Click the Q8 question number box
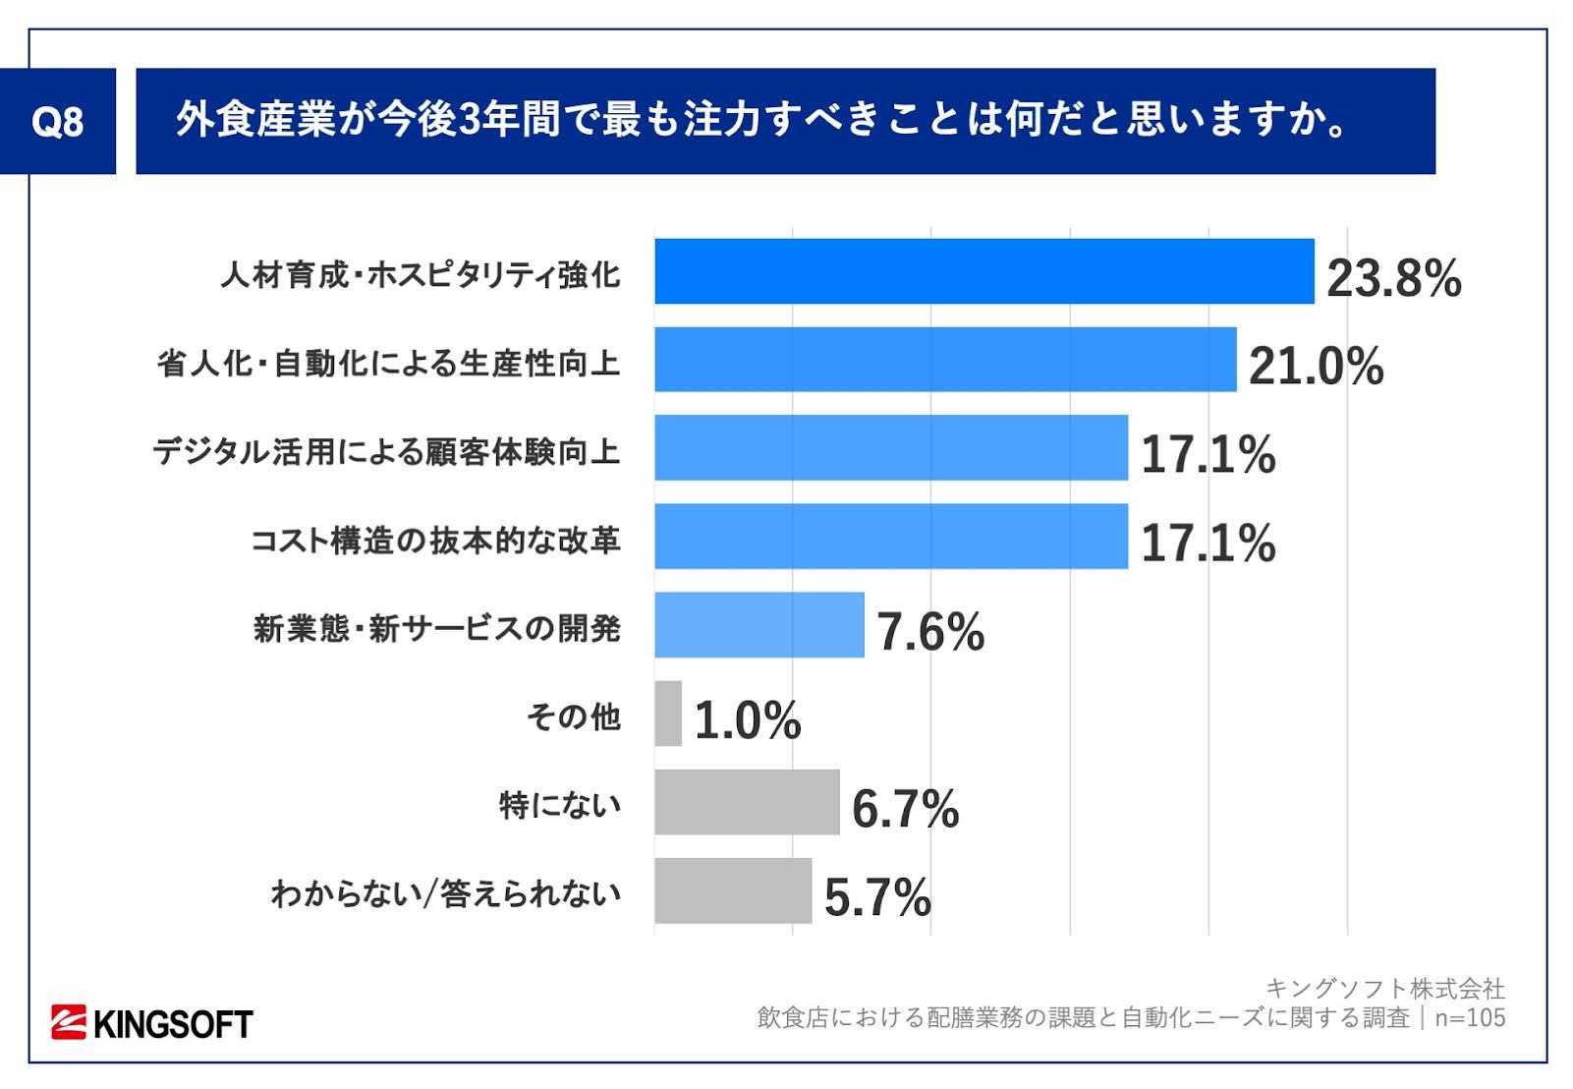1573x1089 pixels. coord(58,122)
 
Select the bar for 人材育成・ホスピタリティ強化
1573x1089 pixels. coord(983,271)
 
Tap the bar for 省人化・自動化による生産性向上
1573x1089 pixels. coord(945,360)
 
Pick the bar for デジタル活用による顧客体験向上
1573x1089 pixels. coord(891,448)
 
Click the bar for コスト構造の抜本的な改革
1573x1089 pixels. coord(891,537)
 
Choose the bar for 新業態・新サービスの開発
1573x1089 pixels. coord(759,625)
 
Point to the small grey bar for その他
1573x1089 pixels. coord(668,714)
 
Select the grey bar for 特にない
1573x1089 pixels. coord(747,802)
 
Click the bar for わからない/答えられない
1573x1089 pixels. coord(733,890)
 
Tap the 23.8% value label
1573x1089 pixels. coord(1393,279)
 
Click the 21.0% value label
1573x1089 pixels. coord(1316,367)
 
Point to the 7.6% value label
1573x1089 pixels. coord(930,632)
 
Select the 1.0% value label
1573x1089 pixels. coord(748,720)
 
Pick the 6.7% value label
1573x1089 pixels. coord(905,809)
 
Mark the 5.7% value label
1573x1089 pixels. coord(877,897)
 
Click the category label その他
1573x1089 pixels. coord(573,716)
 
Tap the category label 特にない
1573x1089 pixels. coord(560,805)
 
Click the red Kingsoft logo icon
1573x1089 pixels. coord(70,1022)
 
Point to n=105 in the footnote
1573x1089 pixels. coord(1470,1017)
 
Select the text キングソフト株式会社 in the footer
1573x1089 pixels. coord(1384,988)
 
